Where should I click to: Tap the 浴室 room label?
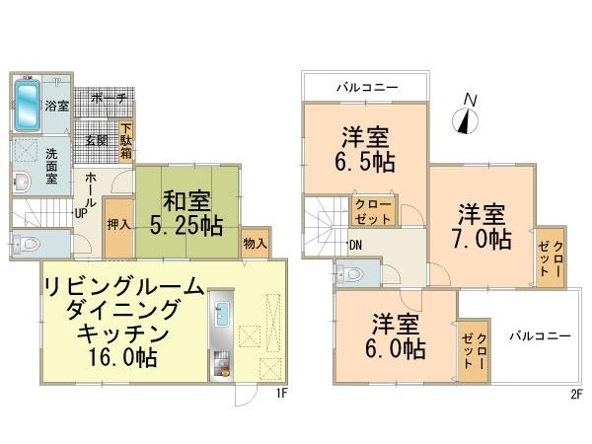55,106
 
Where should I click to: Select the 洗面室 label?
55,159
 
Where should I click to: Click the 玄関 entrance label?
96,139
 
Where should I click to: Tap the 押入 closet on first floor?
118,225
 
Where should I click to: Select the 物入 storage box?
255,242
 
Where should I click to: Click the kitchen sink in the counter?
223,317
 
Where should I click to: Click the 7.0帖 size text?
482,240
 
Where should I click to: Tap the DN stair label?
354,247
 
